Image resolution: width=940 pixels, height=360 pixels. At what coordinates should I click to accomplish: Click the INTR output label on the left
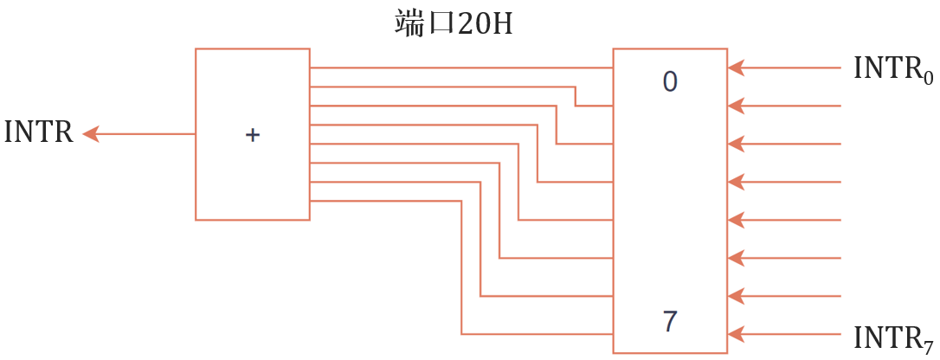pyautogui.click(x=38, y=134)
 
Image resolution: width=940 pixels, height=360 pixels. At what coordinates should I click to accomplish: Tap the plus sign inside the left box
pyautogui.click(x=252, y=135)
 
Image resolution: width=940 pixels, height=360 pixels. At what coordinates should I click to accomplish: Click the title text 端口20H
pyautogui.click(x=453, y=23)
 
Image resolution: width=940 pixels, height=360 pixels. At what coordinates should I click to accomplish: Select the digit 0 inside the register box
pyautogui.click(x=670, y=82)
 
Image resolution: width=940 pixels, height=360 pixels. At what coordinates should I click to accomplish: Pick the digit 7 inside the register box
pyautogui.click(x=670, y=322)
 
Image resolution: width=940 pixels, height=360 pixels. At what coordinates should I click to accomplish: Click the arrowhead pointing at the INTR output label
pyautogui.click(x=91, y=134)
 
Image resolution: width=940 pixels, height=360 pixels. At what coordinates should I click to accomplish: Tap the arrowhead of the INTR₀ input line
pyautogui.click(x=737, y=67)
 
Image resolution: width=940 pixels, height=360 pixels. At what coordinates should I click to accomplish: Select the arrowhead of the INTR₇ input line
pyautogui.click(x=737, y=333)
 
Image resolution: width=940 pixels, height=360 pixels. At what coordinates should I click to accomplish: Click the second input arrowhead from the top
pyautogui.click(x=737, y=106)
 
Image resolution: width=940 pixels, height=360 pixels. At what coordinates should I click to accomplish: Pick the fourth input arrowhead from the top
pyautogui.click(x=737, y=182)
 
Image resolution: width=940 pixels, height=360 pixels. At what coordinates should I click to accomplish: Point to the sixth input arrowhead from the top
pyautogui.click(x=737, y=258)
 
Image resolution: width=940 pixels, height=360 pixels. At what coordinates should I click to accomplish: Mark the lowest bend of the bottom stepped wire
pyautogui.click(x=461, y=333)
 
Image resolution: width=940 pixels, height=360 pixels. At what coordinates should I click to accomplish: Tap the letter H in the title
pyautogui.click(x=501, y=24)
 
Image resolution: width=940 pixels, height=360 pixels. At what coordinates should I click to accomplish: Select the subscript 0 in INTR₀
pyautogui.click(x=928, y=78)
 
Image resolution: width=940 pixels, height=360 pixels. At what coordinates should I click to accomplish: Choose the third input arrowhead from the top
pyautogui.click(x=737, y=144)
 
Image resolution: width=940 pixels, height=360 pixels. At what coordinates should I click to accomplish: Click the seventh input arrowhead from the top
pyautogui.click(x=737, y=296)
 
